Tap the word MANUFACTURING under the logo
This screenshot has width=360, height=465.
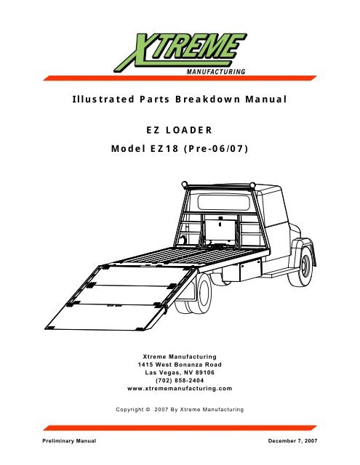coord(216,72)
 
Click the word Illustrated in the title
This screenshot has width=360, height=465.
coord(103,99)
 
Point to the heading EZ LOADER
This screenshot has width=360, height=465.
coord(180,130)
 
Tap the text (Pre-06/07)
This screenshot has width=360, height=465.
coord(216,148)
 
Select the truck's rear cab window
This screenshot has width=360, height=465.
coord(223,202)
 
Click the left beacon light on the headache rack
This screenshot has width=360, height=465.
coord(185,185)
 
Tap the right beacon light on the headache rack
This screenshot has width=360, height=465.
coord(252,185)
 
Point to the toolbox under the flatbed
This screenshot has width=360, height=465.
coord(251,270)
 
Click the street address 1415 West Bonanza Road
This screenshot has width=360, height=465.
coord(180,365)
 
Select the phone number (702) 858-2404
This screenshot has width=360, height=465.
coord(180,381)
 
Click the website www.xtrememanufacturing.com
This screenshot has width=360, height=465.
coord(180,389)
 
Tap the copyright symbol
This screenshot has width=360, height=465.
coord(148,410)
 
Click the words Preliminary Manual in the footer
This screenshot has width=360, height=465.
coord(69,441)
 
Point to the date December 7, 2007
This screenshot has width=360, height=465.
coord(292,441)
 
